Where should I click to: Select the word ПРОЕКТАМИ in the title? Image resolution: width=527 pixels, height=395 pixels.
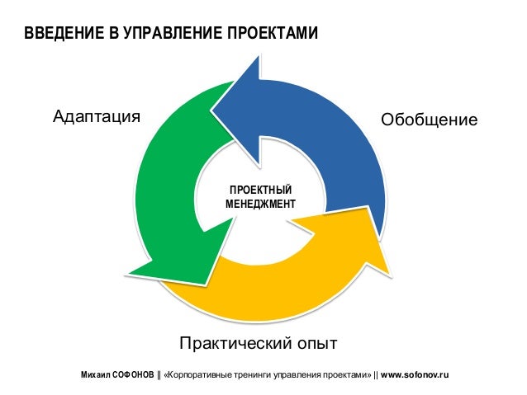point(272,34)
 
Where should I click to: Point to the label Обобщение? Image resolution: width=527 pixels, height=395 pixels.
point(429,120)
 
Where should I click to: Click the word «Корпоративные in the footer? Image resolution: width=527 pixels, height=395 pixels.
point(198,374)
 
